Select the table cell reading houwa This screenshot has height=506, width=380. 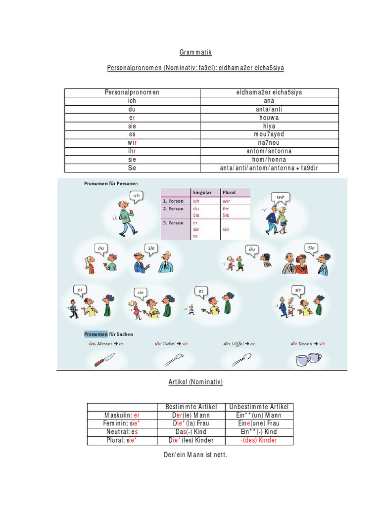pyautogui.click(x=269, y=118)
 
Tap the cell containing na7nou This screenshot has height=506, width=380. pyautogui.click(x=269, y=143)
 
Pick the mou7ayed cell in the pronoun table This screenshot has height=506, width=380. pyautogui.click(x=269, y=134)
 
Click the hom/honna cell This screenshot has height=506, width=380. pyautogui.click(x=269, y=160)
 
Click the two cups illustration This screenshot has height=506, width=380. pyautogui.click(x=308, y=360)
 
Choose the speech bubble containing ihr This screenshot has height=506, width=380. pyautogui.click(x=252, y=249)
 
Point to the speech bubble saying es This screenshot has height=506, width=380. pyautogui.click(x=201, y=292)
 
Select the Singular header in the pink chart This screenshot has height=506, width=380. pyautogui.click(x=201, y=192)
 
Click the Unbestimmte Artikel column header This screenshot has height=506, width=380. pyautogui.click(x=259, y=407)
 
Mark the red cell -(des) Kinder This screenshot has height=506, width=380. pyautogui.click(x=259, y=440)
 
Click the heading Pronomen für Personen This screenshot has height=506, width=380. pyautogui.click(x=111, y=183)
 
